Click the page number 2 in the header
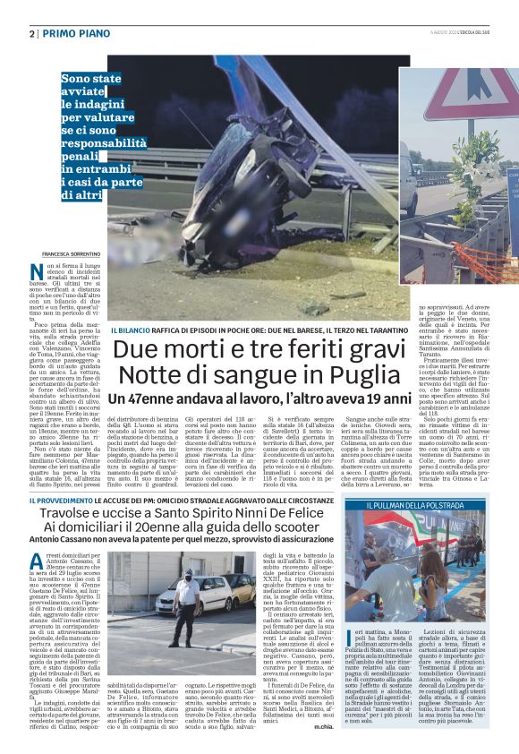point(32,33)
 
